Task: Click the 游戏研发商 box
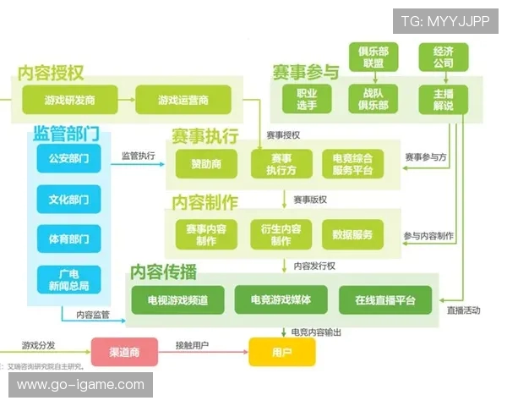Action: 69,101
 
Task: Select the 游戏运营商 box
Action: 183,101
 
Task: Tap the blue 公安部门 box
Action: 68,158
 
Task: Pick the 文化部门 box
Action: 68,199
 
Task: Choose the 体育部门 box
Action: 68,239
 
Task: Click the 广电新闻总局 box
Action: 68,279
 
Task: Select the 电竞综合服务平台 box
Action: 353,163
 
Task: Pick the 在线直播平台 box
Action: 385,299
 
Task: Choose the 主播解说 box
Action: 443,99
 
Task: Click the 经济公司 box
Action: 443,57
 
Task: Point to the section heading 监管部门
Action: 67,134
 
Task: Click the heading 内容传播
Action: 163,272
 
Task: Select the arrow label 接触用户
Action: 192,345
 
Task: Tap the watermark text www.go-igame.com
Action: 81,385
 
